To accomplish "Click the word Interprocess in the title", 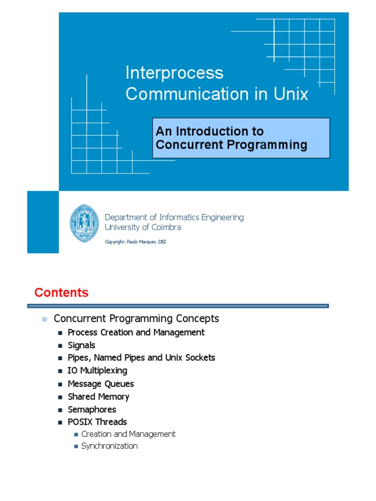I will (174, 73).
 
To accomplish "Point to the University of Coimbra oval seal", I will (84, 223).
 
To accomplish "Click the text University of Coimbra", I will (143, 227).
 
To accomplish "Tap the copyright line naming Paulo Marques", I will (136, 242).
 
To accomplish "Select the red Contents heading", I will (61, 293).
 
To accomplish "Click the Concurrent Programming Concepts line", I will (136, 319).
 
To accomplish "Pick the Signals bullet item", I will (81, 345).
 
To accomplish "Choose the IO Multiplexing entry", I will (97, 370).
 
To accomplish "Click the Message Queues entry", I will (100, 384).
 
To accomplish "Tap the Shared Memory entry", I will (98, 396).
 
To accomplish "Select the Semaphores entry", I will (92, 409).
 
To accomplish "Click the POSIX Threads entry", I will (97, 422).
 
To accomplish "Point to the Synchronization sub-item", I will (109, 446).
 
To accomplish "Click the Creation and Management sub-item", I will (128, 434).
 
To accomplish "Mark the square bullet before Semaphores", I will (60, 410).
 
